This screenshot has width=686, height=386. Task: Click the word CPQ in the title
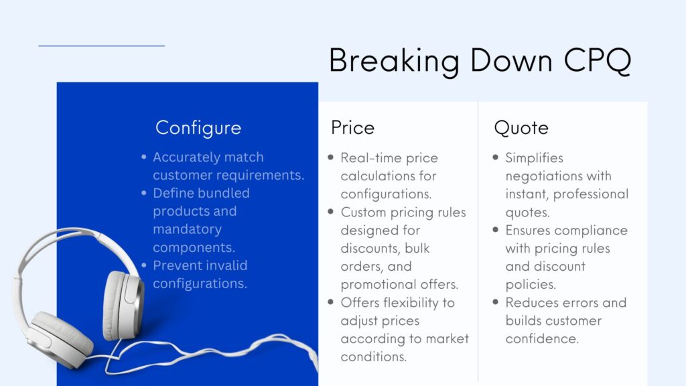(597, 60)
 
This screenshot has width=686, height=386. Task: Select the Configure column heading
(198, 127)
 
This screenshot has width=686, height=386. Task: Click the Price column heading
(352, 127)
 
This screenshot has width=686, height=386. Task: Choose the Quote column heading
(521, 127)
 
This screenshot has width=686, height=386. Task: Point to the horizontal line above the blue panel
(101, 46)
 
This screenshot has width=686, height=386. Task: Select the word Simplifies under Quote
(534, 158)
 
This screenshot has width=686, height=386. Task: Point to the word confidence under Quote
(542, 338)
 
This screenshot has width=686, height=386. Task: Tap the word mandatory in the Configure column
(187, 229)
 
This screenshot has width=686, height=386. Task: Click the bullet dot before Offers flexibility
(331, 303)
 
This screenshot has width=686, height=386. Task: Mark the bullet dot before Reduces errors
(496, 303)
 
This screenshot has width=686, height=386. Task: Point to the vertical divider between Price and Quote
(478, 241)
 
